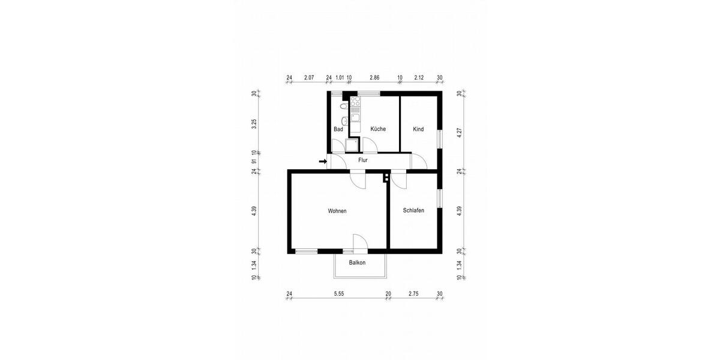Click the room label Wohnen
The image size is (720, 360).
pos(337,211)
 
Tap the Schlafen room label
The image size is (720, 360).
pos(414,211)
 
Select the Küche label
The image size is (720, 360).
pos(378,129)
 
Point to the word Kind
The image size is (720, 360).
pos(418,129)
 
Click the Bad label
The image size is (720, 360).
pos(338,129)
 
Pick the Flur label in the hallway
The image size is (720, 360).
pos(363,160)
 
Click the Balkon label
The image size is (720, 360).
pos(358,263)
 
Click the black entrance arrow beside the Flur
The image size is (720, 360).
pos(323,161)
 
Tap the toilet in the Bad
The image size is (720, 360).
pos(343,106)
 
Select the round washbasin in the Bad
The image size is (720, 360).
pos(344,118)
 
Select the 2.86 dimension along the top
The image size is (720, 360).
pos(374,78)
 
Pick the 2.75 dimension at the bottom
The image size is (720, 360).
pos(413,294)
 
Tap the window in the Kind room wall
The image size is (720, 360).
pos(440,138)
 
